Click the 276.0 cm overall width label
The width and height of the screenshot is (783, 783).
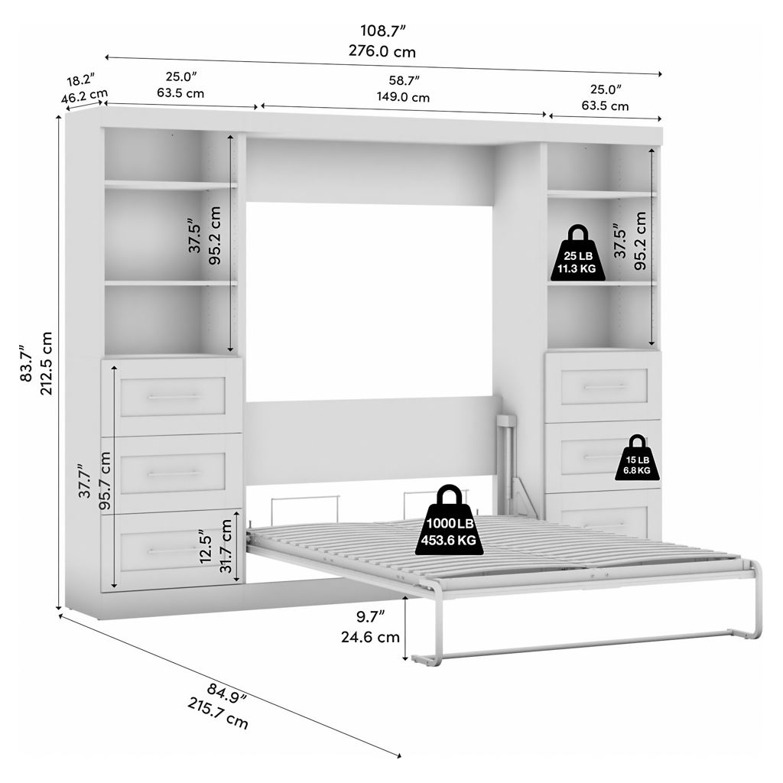pos(382,51)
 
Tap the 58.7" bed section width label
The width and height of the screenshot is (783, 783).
pos(404,80)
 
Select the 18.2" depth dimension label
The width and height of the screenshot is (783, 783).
pos(80,79)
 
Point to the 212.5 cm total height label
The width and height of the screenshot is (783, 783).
pos(46,363)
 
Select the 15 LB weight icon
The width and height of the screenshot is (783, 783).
pos(637,458)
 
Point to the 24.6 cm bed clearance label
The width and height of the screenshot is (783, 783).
pos(371,637)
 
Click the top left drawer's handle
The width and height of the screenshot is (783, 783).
pos(173,397)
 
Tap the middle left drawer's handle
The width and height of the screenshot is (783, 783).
pos(173,473)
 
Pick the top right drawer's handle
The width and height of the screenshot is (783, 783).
pos(604,387)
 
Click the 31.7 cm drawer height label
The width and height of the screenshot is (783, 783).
pos(226,546)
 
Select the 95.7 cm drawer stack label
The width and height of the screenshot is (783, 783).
pos(105,481)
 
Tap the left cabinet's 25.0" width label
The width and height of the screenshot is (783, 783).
pos(180,76)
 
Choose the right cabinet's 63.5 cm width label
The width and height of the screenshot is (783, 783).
pos(606,106)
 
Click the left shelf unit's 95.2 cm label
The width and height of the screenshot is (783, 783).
pos(214,236)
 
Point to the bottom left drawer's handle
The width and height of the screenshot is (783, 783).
pos(173,551)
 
